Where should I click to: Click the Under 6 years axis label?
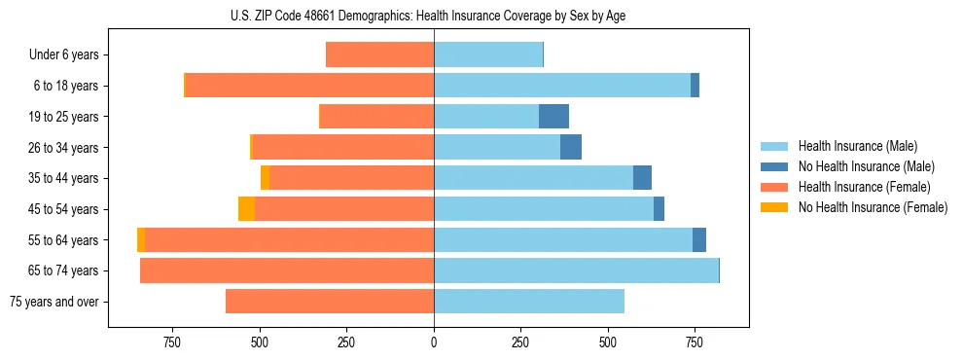(64, 55)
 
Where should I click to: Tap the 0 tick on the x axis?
(434, 342)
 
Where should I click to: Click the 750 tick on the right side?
(695, 342)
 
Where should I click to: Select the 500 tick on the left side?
(260, 342)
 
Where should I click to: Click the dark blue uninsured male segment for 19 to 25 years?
(553, 117)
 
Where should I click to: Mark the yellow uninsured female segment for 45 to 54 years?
(246, 209)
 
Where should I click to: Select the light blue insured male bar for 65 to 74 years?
(576, 270)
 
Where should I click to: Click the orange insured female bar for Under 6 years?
(379, 55)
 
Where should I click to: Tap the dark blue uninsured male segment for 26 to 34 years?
(571, 148)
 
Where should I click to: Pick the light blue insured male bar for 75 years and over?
(529, 302)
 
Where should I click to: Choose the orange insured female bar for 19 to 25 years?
(376, 117)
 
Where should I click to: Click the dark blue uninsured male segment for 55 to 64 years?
(699, 240)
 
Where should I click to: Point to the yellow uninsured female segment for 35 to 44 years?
(265, 178)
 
